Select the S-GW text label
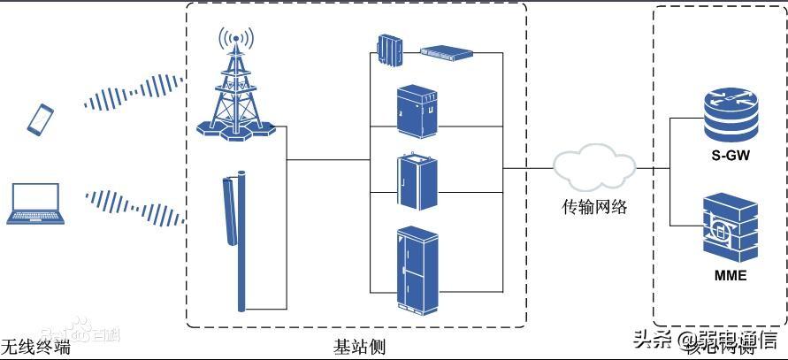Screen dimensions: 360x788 [730, 156]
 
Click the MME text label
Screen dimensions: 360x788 [730, 275]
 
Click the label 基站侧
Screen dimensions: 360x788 [359, 345]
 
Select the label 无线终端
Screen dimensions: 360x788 [35, 346]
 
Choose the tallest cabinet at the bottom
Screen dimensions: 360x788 [417, 270]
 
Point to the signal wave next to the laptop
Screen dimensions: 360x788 [134, 206]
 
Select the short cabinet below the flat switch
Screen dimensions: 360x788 [417, 111]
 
